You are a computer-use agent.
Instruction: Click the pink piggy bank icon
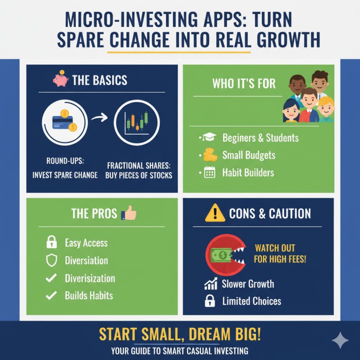[60, 79]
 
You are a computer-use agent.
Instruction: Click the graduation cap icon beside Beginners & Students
[208, 137]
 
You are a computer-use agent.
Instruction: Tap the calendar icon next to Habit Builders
[208, 173]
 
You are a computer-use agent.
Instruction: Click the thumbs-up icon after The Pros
[129, 213]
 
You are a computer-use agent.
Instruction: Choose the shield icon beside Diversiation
[51, 260]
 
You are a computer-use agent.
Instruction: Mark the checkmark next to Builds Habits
[51, 296]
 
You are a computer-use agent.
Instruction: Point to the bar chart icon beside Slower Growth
[210, 284]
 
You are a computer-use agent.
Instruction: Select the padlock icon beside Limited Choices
[210, 302]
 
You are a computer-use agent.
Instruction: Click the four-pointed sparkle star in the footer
[340, 340]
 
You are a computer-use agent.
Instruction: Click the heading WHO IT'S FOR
[244, 83]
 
